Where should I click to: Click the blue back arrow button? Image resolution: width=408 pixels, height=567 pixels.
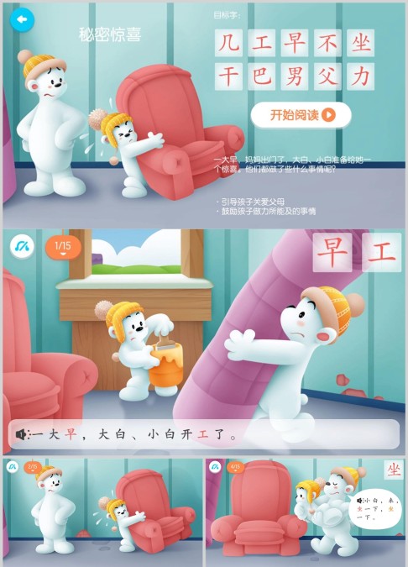tap(22, 19)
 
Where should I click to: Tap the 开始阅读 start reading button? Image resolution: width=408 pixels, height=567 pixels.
tap(301, 115)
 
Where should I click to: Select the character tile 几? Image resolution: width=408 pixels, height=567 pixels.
tap(228, 43)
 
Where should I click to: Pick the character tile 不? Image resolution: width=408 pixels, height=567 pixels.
tap(327, 43)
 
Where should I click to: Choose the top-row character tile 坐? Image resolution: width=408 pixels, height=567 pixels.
tap(361, 43)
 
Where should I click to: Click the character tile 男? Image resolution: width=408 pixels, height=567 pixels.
tap(295, 76)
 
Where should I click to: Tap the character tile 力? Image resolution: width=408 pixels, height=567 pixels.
tap(361, 76)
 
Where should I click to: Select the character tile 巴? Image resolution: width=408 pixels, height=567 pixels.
tap(261, 76)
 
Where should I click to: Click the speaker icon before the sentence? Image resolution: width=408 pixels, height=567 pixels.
tap(21, 434)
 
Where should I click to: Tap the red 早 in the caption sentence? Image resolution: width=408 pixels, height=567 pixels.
tap(71, 435)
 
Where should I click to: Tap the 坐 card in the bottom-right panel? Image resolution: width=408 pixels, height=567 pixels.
tap(393, 470)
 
